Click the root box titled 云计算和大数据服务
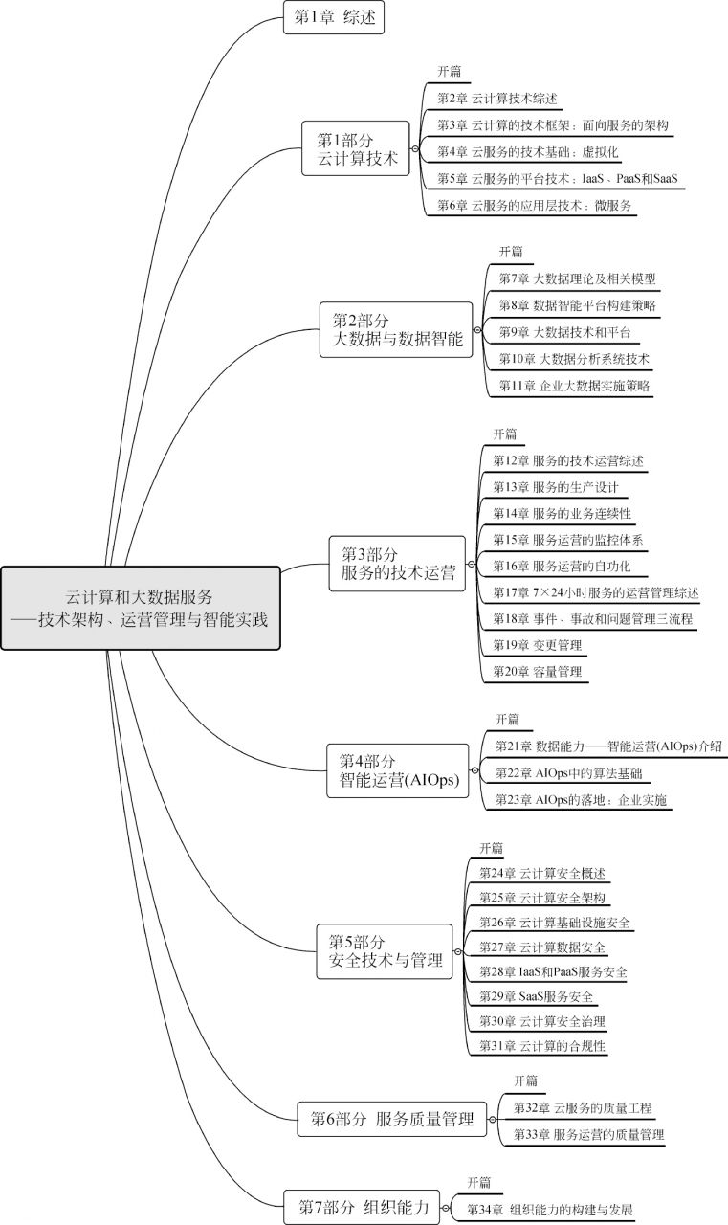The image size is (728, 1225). pos(141,608)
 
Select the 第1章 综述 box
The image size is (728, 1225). pos(334,17)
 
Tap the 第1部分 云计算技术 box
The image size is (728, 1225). pos(356,148)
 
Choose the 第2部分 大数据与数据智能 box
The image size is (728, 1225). pos(396,330)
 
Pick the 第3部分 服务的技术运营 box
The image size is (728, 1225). pos(397,564)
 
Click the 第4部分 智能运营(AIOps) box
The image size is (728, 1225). pos(398,770)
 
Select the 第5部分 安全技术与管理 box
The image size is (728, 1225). pos(385,951)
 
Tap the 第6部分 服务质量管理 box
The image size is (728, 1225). pos(392,1119)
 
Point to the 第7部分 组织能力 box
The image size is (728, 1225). pos(362,1207)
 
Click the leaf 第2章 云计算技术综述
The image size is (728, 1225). pos(496,99)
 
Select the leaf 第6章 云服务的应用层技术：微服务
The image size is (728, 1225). pos(534,206)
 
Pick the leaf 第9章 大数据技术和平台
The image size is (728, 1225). pos(564,332)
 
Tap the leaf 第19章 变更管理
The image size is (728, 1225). pos(538,645)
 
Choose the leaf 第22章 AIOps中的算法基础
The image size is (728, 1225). pos(568,773)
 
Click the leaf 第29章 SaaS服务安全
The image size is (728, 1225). pos(536,996)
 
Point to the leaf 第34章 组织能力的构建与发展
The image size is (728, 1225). pos(549,1209)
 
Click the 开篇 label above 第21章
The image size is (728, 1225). pos(507,720)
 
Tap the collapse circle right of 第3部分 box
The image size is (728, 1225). pos(471,564)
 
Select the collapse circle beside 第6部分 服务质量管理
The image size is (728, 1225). pos(493,1120)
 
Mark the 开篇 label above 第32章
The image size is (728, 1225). pos(526,1080)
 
